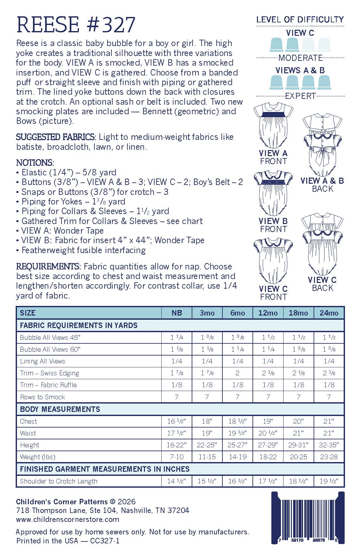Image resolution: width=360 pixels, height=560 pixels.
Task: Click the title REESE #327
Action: coord(76,25)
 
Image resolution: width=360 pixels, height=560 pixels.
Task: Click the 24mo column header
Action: coord(329,313)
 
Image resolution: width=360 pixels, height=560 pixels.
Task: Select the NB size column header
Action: coord(177,313)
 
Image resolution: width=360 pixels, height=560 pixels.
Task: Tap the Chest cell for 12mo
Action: coord(268,421)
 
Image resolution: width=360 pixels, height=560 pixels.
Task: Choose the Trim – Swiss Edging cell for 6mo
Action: coord(237,373)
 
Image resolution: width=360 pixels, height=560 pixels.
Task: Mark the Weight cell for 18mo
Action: coord(298,457)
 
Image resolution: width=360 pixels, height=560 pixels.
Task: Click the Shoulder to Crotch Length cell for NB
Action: coord(177,481)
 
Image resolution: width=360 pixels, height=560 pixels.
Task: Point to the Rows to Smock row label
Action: coord(43,397)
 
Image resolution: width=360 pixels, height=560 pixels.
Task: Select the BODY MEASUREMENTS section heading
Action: coord(60,409)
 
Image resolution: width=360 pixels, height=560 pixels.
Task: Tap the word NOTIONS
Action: coord(35,163)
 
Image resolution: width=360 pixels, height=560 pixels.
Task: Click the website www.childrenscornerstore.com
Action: coord(68,519)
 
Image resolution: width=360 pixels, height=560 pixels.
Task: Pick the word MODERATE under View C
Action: coord(300,58)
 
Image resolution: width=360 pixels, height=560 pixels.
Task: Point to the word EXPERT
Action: coord(300,96)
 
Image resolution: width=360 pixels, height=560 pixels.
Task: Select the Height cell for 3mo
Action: coord(207,445)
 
